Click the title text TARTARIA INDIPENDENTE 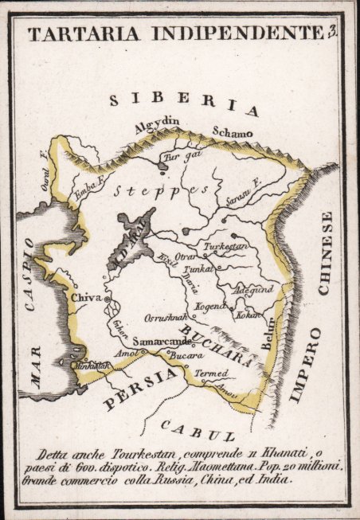coord(174,33)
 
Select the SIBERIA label coord(184,103)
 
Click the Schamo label coord(232,131)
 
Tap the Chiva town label coord(87,297)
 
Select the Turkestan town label coord(228,248)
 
